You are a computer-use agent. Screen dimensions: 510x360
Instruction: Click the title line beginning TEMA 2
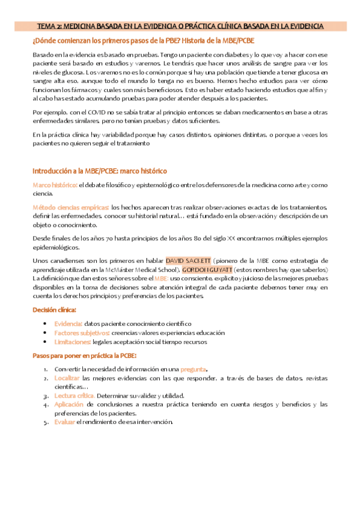click(x=180, y=26)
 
